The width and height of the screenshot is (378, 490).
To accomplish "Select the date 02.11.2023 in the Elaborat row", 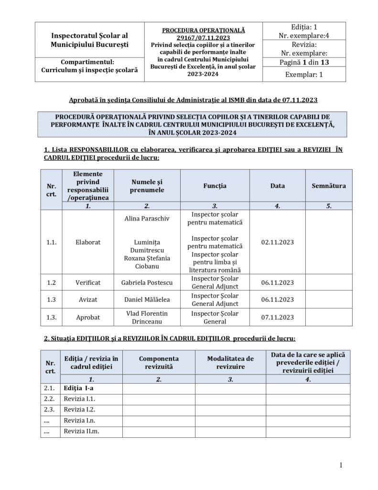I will (x=278, y=242).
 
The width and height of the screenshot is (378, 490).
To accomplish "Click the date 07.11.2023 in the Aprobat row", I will (x=278, y=317).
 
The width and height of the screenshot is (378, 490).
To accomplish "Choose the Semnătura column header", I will (x=328, y=186).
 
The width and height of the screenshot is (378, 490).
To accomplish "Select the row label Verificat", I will (x=88, y=282).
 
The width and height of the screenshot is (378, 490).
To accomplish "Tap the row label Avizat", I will (x=88, y=300).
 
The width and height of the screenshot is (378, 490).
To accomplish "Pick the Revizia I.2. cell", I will (x=80, y=409).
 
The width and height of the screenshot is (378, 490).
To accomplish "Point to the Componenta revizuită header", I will (x=159, y=363).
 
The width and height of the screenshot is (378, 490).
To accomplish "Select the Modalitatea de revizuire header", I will (x=230, y=363).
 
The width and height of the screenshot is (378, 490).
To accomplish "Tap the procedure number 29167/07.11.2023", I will (x=203, y=37).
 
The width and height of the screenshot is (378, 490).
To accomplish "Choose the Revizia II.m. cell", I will (x=81, y=431).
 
